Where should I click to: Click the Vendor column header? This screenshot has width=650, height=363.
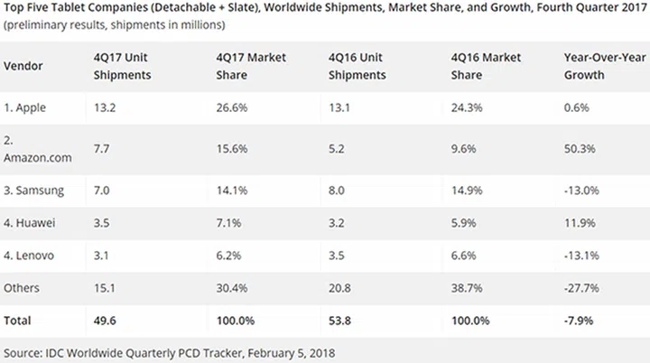click(x=24, y=66)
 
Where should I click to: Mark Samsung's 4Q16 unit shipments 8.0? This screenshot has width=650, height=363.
click(x=337, y=190)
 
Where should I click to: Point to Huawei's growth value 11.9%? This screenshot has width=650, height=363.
click(x=578, y=222)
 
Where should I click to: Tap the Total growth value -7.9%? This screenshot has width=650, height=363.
click(x=578, y=320)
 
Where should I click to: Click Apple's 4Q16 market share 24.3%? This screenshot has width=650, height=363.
click(x=466, y=107)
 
